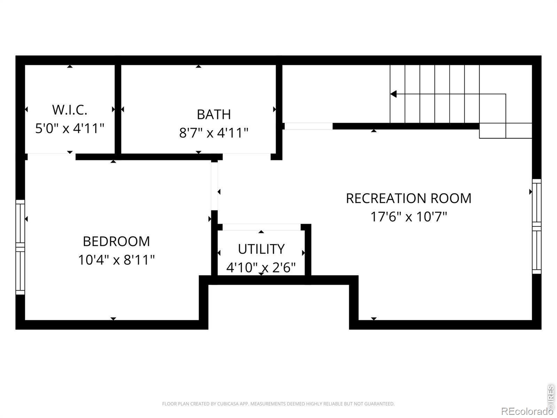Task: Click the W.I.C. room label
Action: (70, 110)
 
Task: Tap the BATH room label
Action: (214, 115)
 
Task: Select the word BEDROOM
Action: (117, 241)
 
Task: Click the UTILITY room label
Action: (261, 249)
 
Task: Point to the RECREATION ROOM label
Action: (409, 198)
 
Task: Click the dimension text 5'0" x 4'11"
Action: (70, 128)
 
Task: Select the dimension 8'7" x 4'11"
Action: (214, 133)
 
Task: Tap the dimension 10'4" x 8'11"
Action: (117, 260)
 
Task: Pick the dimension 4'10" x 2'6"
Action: (261, 267)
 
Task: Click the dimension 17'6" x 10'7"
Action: (409, 217)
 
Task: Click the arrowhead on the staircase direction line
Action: (394, 94)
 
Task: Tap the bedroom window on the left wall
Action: (20, 247)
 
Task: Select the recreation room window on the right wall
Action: (536, 226)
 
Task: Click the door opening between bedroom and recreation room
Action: (214, 186)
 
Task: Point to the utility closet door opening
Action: (262, 227)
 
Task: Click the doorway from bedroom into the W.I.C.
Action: (52, 157)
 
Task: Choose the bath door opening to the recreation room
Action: (247, 157)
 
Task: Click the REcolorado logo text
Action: (527, 411)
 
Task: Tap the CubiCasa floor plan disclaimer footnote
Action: (278, 404)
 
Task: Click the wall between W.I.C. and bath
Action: (118, 109)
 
